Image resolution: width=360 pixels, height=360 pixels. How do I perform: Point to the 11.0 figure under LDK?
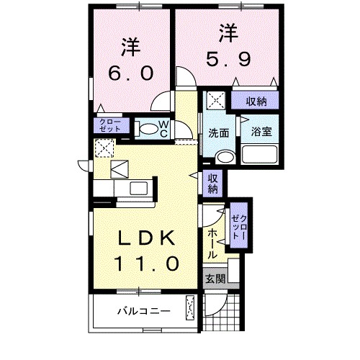145,263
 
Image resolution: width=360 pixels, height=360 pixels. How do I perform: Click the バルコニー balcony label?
144,312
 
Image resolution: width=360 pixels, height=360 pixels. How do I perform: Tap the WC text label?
163,128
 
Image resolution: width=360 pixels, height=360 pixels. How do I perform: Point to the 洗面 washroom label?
219,133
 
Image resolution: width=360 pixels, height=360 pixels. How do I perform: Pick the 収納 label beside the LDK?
214,184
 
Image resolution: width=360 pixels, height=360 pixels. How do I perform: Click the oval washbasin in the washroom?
225,157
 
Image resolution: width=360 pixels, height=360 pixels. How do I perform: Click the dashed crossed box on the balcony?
190,308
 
